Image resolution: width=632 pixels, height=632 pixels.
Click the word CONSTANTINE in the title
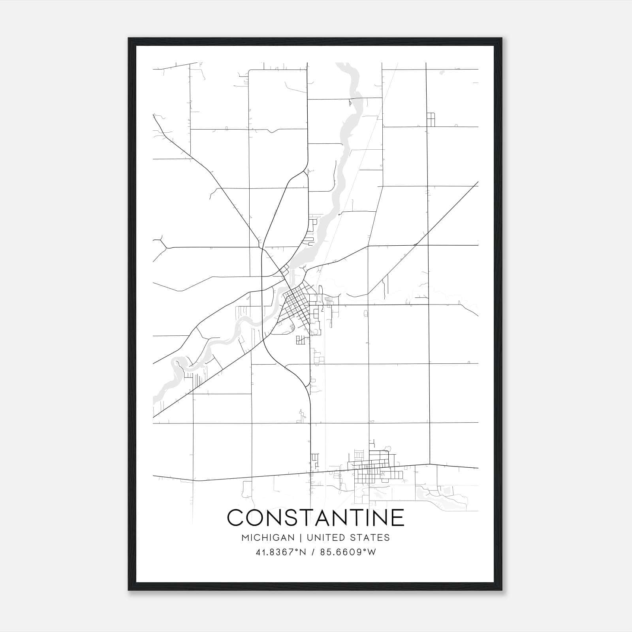click(x=316, y=517)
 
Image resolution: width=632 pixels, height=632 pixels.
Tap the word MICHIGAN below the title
click(x=268, y=538)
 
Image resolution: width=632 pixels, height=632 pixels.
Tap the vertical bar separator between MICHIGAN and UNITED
click(x=301, y=538)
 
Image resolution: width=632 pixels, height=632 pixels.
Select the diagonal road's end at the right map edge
click(x=477, y=183)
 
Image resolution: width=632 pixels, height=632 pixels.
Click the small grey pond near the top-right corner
click(x=441, y=72)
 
